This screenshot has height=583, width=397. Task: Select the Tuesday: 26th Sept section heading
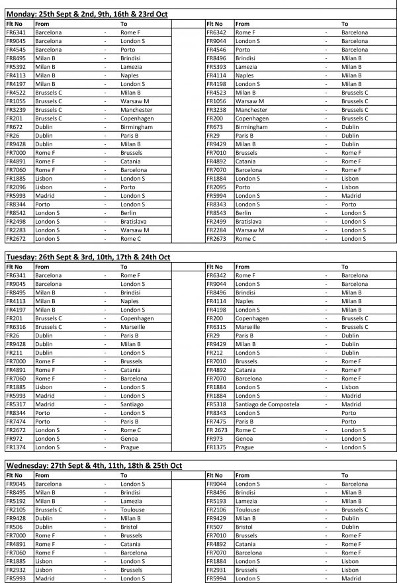88,256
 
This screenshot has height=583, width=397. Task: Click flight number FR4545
17,49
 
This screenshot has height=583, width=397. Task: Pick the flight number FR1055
17,101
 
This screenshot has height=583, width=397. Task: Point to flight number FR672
14,126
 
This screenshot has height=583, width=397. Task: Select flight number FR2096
17,187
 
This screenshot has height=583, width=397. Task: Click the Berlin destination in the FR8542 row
128,212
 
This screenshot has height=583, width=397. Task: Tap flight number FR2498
17,221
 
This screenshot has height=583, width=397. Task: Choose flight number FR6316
17,326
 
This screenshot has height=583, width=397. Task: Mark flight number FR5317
17,404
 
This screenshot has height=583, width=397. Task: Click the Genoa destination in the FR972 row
129,438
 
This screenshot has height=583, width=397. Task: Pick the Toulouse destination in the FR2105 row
132,510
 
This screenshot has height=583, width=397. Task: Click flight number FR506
14,527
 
